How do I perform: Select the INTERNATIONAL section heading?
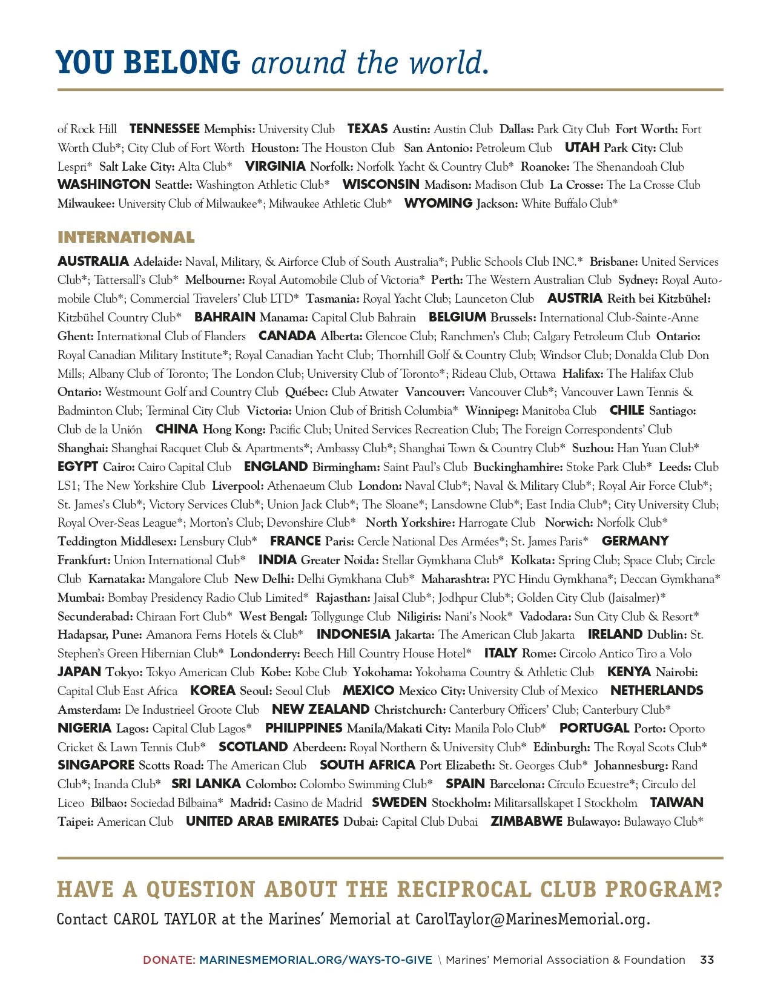click(126, 237)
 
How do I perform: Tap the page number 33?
click(707, 960)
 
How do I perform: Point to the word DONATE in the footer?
click(168, 960)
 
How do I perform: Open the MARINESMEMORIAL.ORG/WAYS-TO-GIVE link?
click(315, 960)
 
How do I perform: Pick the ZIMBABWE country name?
click(526, 822)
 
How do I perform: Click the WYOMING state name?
click(438, 203)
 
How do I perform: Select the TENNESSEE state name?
click(164, 129)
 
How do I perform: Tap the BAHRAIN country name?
click(225, 317)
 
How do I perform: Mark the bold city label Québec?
click(306, 392)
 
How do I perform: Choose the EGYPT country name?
click(78, 467)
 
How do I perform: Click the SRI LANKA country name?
click(206, 784)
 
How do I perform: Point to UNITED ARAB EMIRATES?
click(262, 822)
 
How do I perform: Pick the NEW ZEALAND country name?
click(320, 710)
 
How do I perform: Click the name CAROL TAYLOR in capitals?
click(165, 919)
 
